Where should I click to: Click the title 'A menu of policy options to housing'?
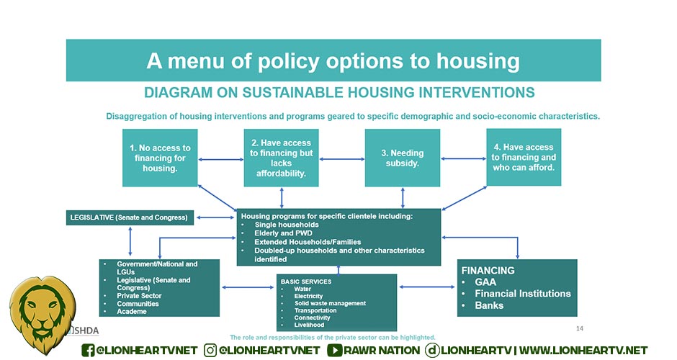point(333,60)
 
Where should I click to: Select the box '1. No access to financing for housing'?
point(160,158)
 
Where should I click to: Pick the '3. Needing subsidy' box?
point(402,158)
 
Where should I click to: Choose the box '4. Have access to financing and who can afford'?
point(524,158)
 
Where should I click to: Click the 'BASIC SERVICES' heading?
point(306,281)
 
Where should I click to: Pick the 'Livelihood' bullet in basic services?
point(310,325)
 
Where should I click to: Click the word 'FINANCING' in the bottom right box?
point(488,271)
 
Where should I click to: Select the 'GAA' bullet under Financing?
point(485,282)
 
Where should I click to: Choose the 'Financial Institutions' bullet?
point(522,294)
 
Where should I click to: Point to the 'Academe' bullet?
point(132,312)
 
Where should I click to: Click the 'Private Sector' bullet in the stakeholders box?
point(140,296)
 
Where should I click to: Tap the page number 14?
point(579,329)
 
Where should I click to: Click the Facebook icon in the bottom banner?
point(89,350)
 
